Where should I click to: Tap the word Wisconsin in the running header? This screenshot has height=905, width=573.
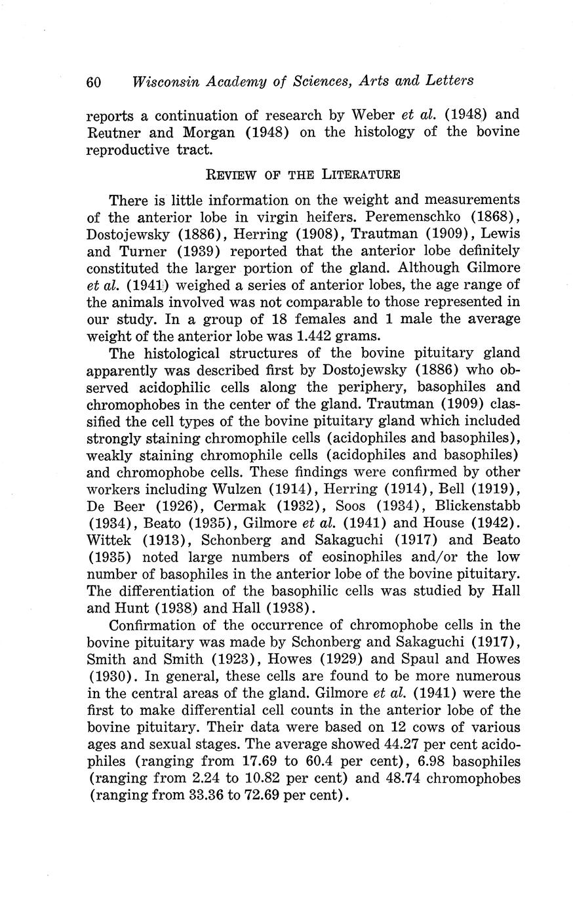(164, 82)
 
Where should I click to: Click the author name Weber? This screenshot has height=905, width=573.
(373, 115)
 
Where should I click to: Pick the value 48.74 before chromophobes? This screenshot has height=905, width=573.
(396, 779)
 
